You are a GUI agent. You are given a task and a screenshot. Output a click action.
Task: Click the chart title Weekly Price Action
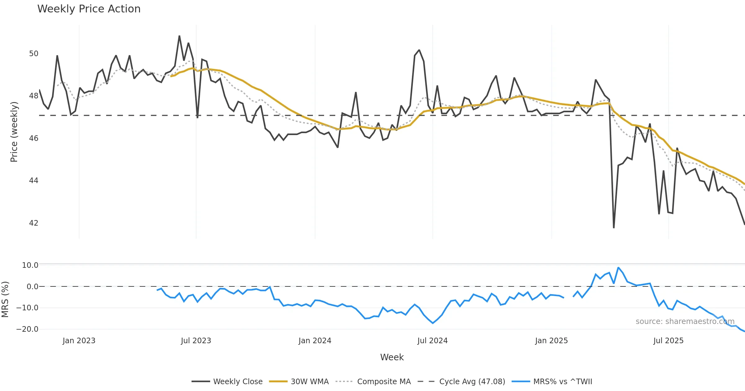tap(89, 9)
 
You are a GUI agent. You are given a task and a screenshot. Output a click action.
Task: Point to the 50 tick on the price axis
tap(34, 54)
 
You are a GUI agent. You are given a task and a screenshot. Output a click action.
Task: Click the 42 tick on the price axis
tap(34, 223)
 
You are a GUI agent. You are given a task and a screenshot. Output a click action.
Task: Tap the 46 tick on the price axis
tap(34, 138)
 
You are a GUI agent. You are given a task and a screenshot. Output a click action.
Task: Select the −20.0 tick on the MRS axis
tap(27, 329)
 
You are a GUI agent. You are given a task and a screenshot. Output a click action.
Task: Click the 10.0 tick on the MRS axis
tap(30, 265)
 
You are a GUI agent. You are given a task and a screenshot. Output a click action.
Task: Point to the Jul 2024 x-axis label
tap(432, 341)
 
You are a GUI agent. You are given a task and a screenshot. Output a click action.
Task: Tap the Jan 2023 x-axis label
tap(79, 341)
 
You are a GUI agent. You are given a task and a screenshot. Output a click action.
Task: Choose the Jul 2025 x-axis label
tap(668, 341)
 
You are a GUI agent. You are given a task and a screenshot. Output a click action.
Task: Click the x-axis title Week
tap(392, 357)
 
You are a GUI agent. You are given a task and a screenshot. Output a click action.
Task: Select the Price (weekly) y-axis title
tap(14, 132)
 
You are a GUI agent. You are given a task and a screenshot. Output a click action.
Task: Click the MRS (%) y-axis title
tap(5, 299)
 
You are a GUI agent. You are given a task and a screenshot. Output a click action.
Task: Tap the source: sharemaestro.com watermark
tap(685, 321)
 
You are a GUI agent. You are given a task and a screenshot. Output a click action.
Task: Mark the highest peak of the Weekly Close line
tap(179, 36)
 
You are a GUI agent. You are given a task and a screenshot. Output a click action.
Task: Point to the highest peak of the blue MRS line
tap(618, 267)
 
